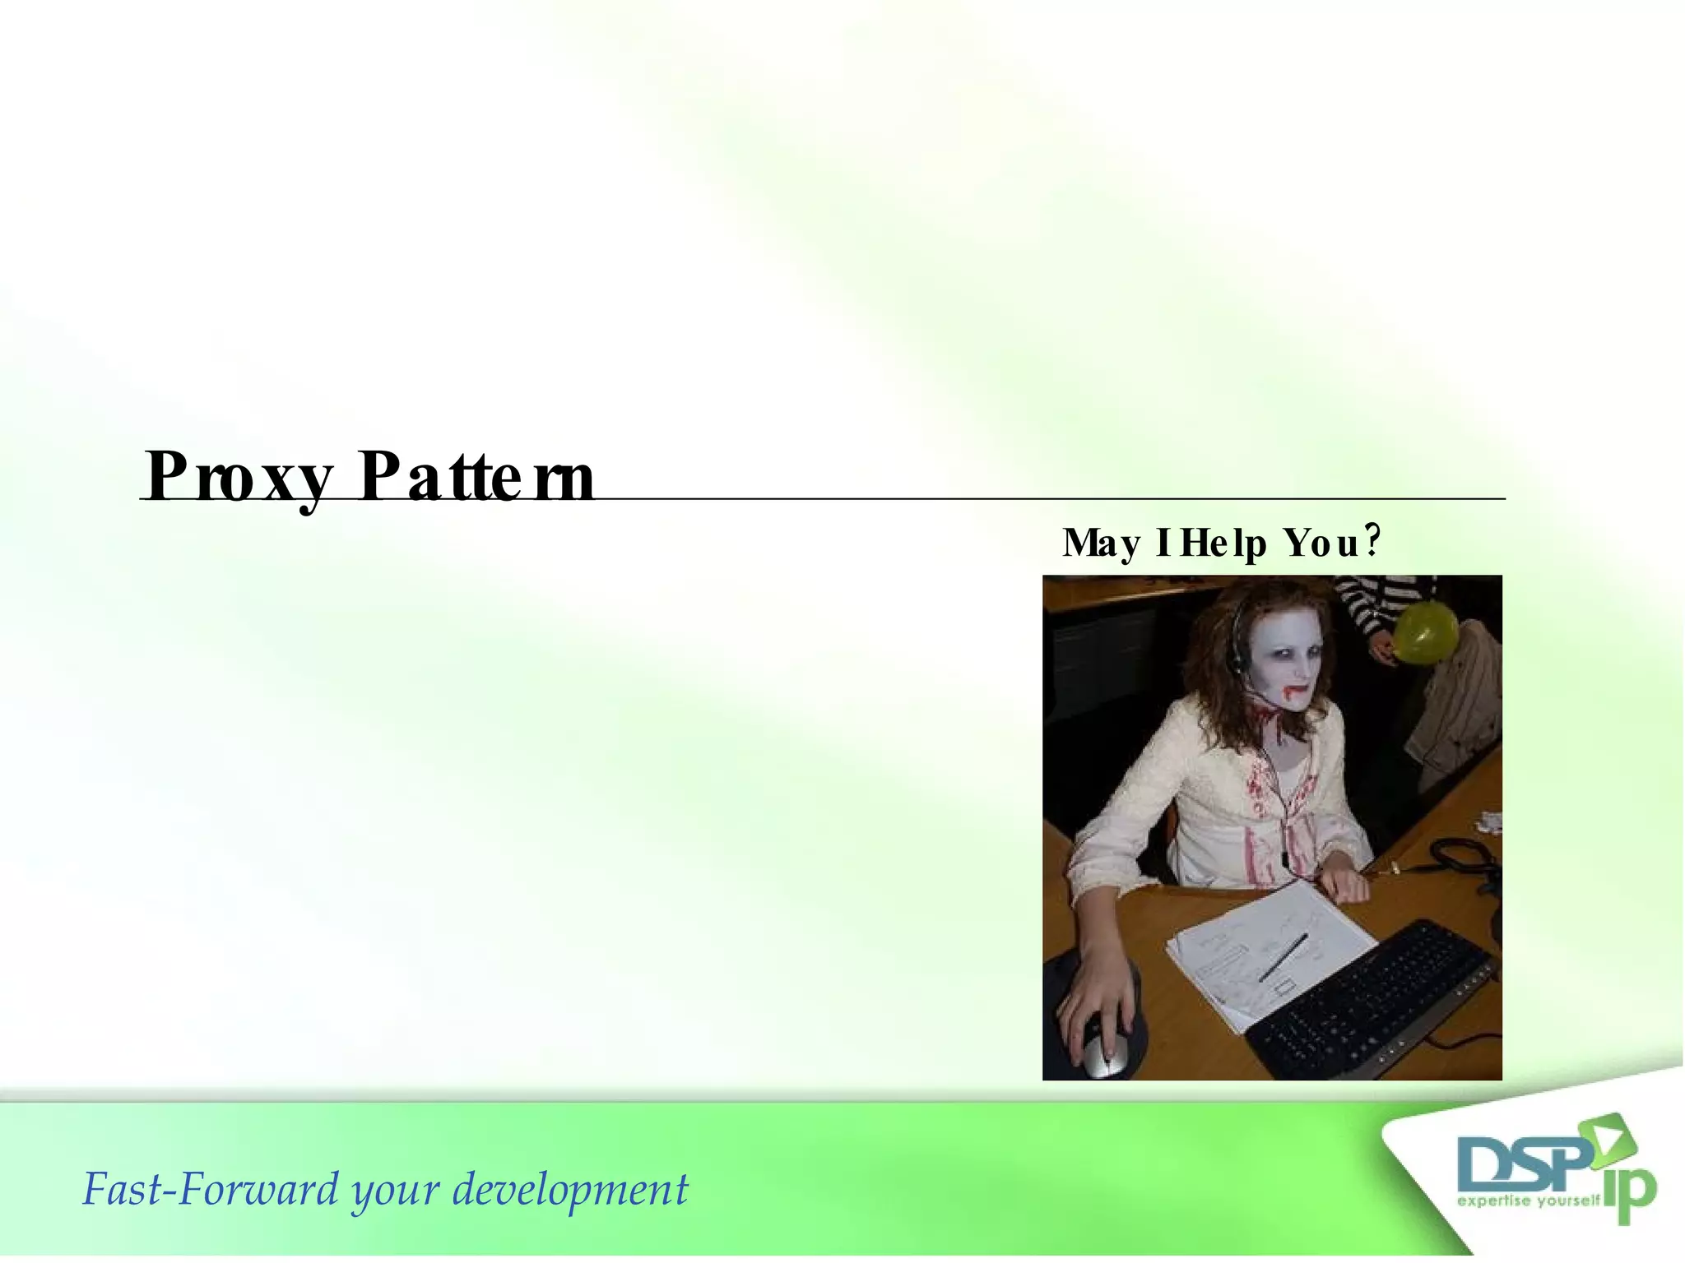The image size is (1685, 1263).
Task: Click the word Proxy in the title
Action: pos(239,477)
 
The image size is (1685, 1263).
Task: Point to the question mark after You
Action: pos(1372,540)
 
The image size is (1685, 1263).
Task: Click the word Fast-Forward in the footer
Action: pos(211,1190)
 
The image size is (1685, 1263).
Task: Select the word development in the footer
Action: pos(570,1190)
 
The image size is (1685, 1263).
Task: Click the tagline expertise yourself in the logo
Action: pos(1529,1201)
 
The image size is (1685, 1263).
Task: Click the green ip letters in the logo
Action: pos(1629,1189)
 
